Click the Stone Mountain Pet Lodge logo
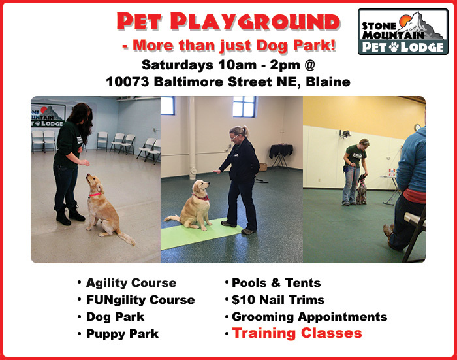pyautogui.click(x=403, y=31)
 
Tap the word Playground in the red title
pyautogui.click(x=255, y=22)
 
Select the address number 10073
pyautogui.click(x=127, y=82)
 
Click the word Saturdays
pyautogui.click(x=177, y=65)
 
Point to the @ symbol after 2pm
pyautogui.click(x=309, y=65)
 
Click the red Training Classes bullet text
pyautogui.click(x=297, y=333)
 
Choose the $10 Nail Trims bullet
pyautogui.click(x=278, y=300)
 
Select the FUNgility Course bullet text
pyautogui.click(x=140, y=300)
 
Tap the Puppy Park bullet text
pyautogui.click(x=123, y=334)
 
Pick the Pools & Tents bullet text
pyautogui.click(x=276, y=283)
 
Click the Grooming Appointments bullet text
pyautogui.click(x=309, y=317)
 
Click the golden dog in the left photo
pyautogui.click(x=105, y=208)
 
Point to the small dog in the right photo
pyautogui.click(x=362, y=189)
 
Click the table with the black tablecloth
pyautogui.click(x=281, y=155)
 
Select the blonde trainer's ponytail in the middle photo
pyautogui.click(x=245, y=131)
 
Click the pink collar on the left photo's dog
pyautogui.click(x=95, y=194)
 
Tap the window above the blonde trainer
pyautogui.click(x=244, y=106)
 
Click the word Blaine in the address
pyautogui.click(x=328, y=82)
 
